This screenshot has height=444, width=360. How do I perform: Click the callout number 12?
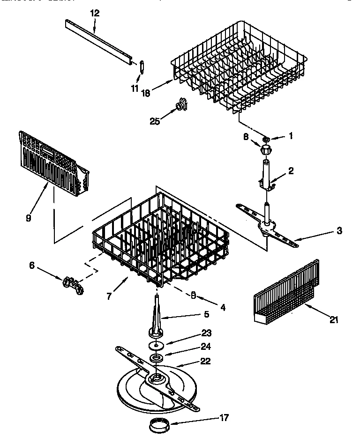tap(95, 13)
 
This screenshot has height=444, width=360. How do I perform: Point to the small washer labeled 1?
tap(266, 139)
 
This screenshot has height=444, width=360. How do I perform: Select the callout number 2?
tap(291, 171)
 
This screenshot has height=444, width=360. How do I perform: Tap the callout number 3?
tap(339, 230)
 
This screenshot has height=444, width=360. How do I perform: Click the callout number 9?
tap(29, 218)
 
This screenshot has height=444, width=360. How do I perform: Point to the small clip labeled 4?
tap(193, 295)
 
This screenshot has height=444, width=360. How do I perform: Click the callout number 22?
tap(205, 361)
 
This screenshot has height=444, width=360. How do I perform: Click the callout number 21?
tap(333, 320)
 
